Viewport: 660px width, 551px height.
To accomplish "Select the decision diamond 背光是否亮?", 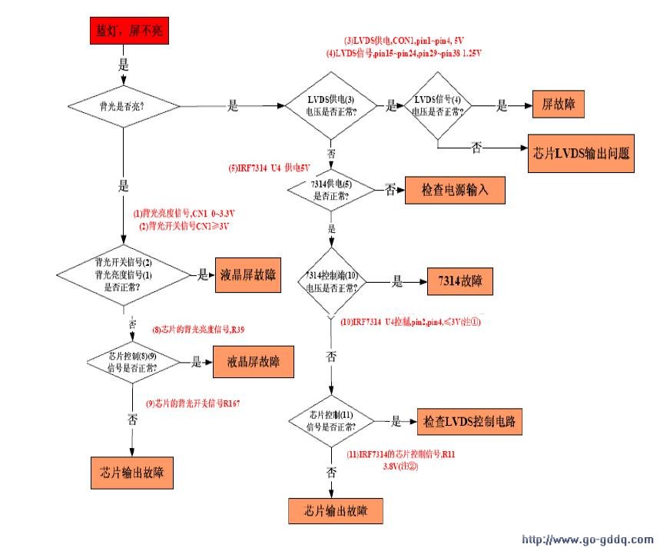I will click(123, 105).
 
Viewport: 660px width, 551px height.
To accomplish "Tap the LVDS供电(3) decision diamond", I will click(331, 106).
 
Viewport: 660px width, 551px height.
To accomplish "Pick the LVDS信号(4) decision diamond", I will click(437, 105).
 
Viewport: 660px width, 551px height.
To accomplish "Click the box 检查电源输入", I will click(455, 188).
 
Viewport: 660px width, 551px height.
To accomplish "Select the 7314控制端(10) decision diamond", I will click(331, 282).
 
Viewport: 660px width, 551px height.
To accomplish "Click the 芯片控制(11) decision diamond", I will click(331, 420).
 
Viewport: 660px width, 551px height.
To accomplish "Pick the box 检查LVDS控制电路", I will click(469, 421).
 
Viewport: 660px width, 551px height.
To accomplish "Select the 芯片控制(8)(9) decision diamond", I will click(133, 361).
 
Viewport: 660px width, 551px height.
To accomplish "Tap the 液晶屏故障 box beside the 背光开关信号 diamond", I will click(247, 274).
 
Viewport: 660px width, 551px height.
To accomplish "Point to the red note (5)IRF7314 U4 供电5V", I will click(268, 168).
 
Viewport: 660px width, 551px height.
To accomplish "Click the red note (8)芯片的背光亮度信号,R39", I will click(204, 330).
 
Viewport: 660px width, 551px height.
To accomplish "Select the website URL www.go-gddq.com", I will click(587, 539).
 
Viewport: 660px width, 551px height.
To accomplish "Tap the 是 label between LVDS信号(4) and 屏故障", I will click(502, 107).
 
